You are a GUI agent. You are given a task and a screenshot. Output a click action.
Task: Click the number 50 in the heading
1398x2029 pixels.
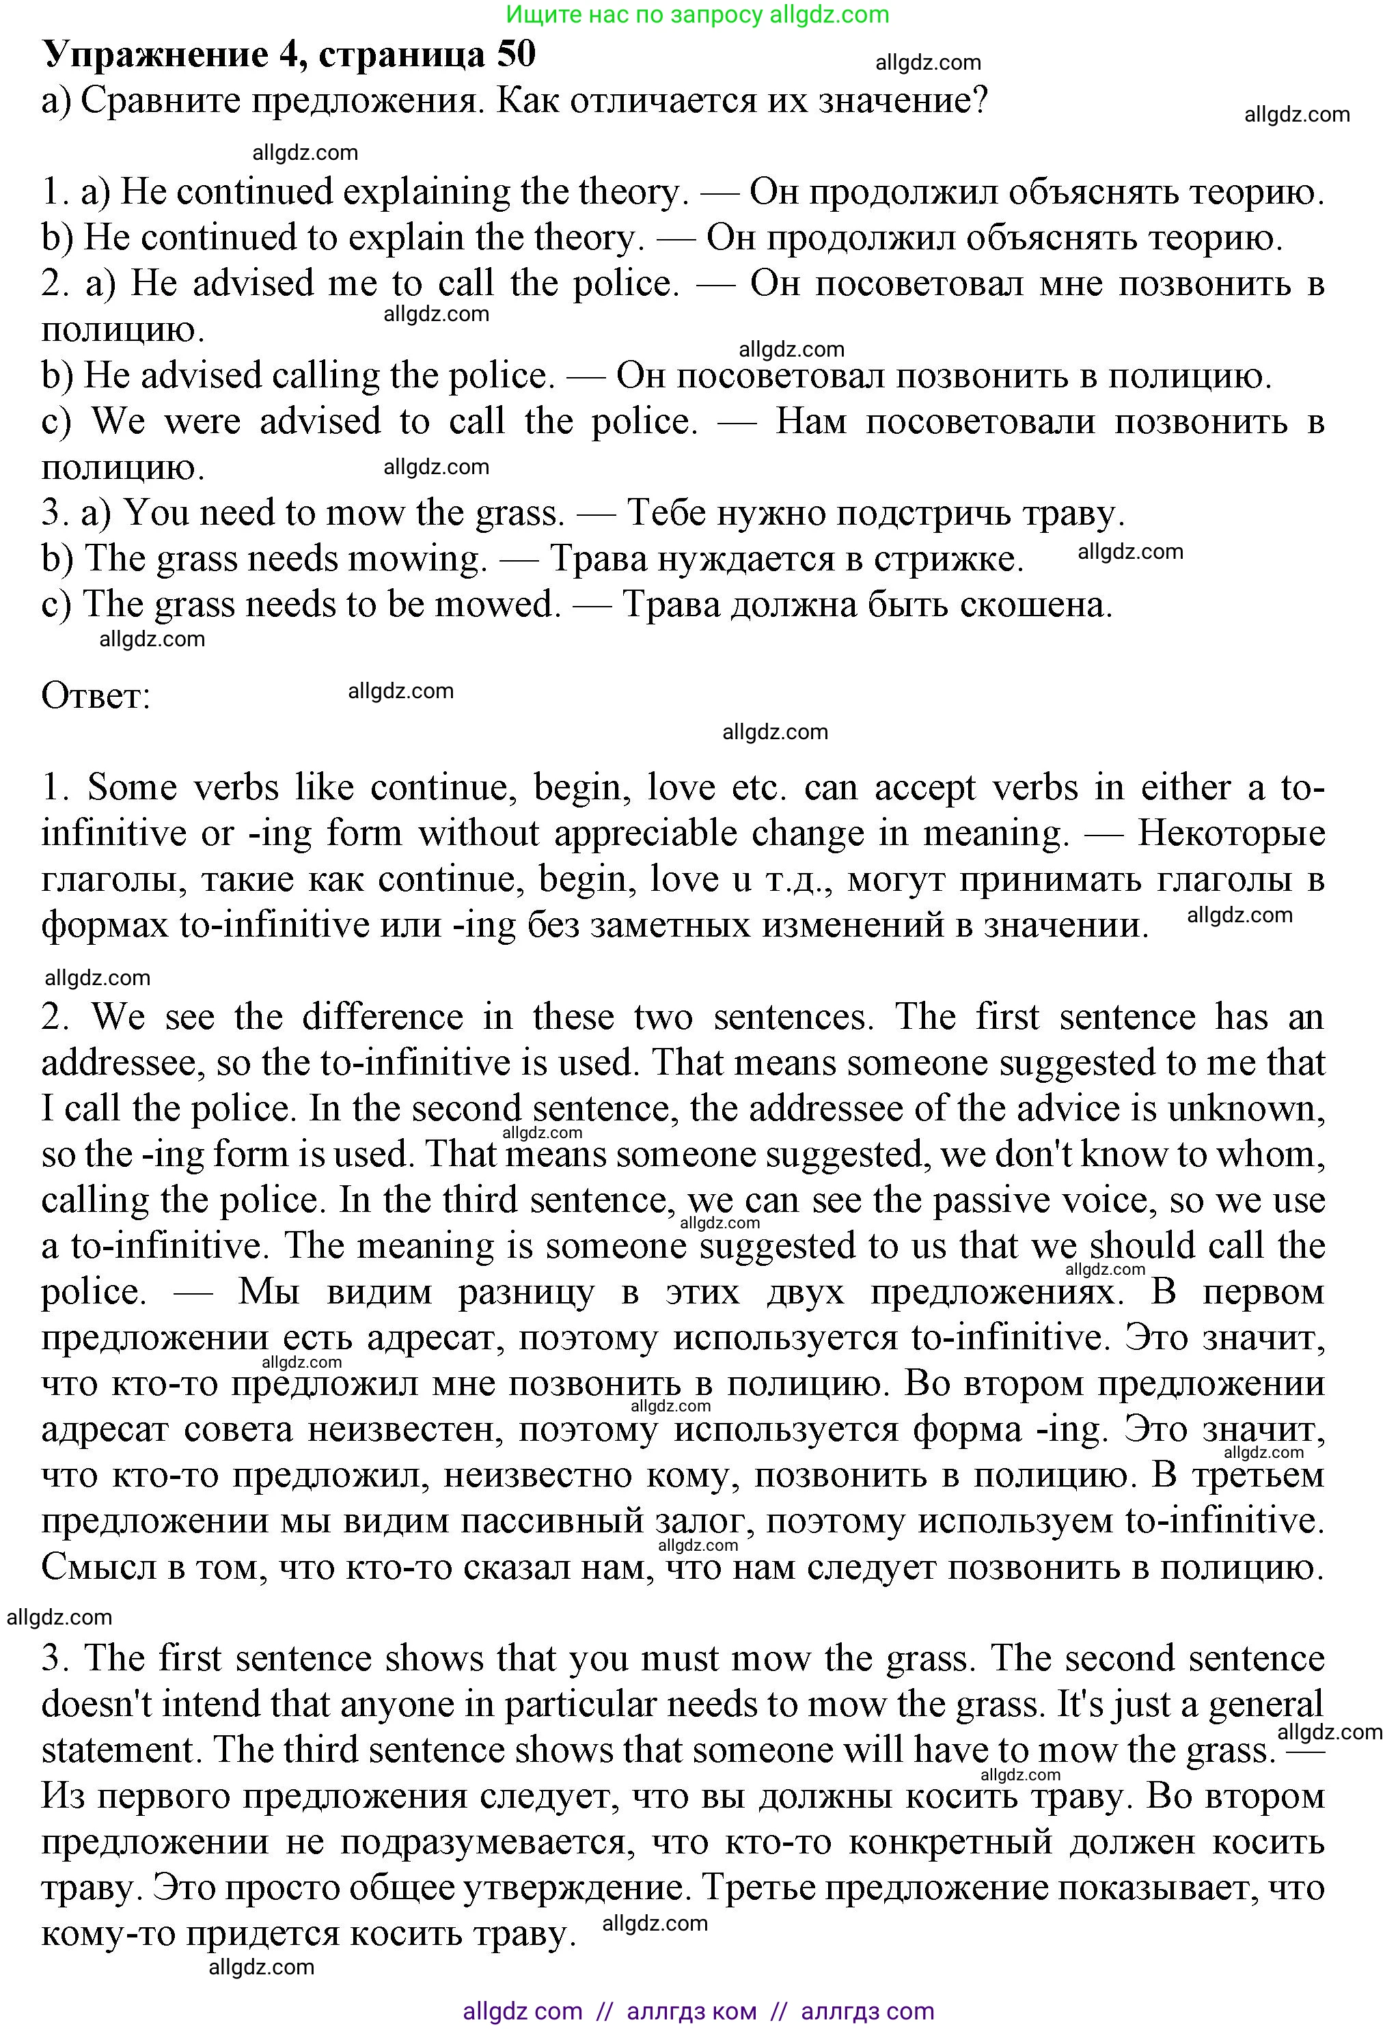pos(516,54)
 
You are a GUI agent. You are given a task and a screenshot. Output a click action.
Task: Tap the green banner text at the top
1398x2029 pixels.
pos(698,14)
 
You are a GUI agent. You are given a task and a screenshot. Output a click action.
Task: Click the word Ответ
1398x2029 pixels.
pos(96,696)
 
